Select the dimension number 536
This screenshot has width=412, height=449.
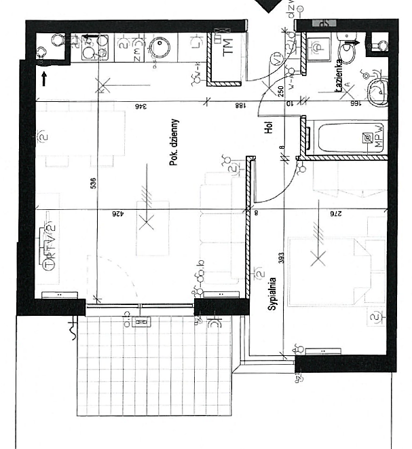coord(94,183)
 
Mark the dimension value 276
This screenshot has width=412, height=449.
coord(335,214)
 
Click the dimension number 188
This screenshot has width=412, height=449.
coord(240,106)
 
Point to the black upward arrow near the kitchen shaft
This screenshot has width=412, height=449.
coord(45,78)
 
